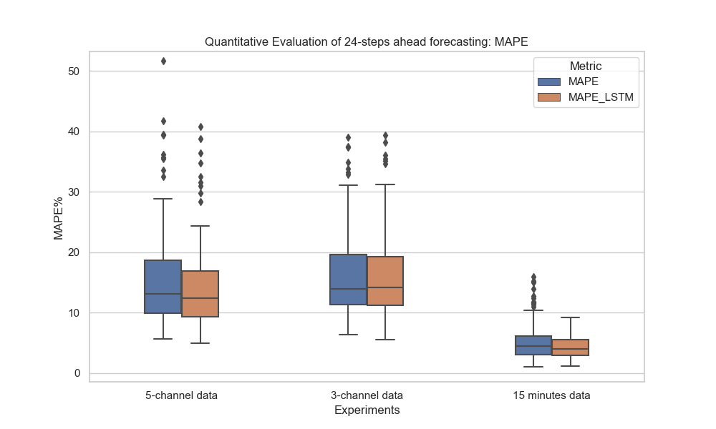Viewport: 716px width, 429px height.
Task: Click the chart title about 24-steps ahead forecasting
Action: pos(366,41)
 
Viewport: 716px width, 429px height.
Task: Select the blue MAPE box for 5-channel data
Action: pos(163,286)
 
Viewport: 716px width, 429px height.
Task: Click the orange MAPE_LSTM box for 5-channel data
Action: pos(200,293)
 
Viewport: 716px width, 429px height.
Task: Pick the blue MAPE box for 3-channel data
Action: pos(348,279)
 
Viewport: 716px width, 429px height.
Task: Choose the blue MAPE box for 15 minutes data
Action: pos(533,345)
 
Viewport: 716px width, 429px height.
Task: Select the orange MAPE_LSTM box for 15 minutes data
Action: pos(571,347)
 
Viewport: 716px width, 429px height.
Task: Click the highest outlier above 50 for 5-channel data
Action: pos(163,61)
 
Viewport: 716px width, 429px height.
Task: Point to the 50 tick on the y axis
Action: pos(74,71)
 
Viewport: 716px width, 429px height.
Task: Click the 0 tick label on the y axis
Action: pos(77,373)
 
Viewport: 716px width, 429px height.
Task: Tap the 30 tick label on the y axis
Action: pos(74,192)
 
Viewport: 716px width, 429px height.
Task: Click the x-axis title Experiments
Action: pos(367,410)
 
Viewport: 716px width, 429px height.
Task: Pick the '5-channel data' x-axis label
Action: pos(181,395)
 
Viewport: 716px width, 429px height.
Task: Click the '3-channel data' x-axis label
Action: pos(367,395)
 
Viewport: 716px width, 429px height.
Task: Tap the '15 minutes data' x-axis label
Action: pos(551,395)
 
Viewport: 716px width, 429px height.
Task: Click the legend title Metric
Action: pos(586,66)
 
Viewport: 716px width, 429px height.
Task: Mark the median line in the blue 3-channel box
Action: pos(348,289)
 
